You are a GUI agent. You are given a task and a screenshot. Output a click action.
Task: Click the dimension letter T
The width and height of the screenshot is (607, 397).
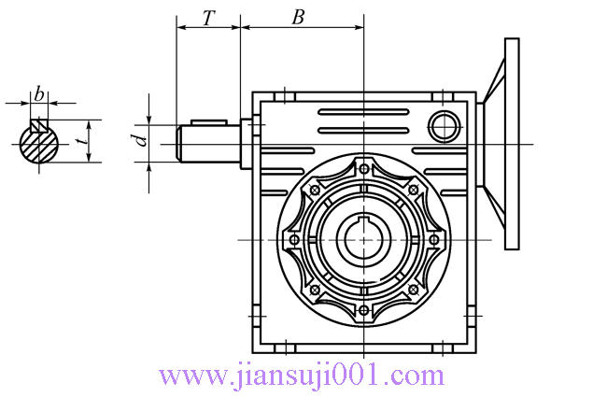(x=208, y=18)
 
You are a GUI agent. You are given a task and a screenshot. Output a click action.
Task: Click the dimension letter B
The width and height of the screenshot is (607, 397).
(x=298, y=18)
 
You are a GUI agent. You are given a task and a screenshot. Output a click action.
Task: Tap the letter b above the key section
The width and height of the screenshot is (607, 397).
(x=39, y=94)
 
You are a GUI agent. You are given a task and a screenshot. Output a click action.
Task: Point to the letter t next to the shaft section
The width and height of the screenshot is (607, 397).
(x=82, y=140)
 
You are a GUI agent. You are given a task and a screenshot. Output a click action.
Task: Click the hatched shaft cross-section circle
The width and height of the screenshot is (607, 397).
(x=38, y=144)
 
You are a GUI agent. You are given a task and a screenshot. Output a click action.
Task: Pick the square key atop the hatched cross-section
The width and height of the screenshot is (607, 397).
(x=39, y=125)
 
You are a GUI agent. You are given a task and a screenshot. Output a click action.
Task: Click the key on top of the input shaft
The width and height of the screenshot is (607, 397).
(x=208, y=122)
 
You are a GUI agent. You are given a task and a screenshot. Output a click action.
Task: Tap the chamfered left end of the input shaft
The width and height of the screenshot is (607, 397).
(x=179, y=143)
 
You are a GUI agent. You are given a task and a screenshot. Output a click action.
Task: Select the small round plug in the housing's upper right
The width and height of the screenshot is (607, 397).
(x=445, y=127)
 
